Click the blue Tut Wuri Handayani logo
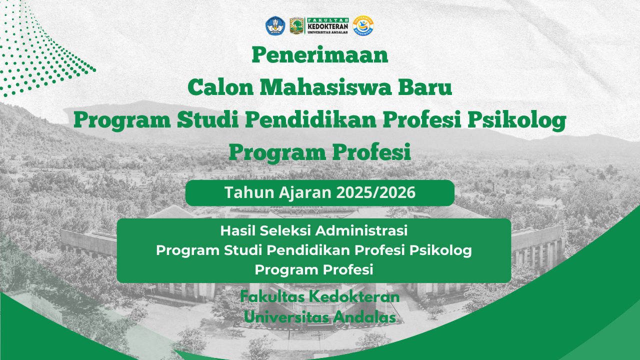275,25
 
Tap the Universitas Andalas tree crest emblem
297,25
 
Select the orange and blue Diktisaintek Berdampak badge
363,25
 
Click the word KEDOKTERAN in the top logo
328,26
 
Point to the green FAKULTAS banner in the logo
328,20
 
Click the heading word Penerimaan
319,55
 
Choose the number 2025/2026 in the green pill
375,192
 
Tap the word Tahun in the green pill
249,192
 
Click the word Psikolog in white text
440,251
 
